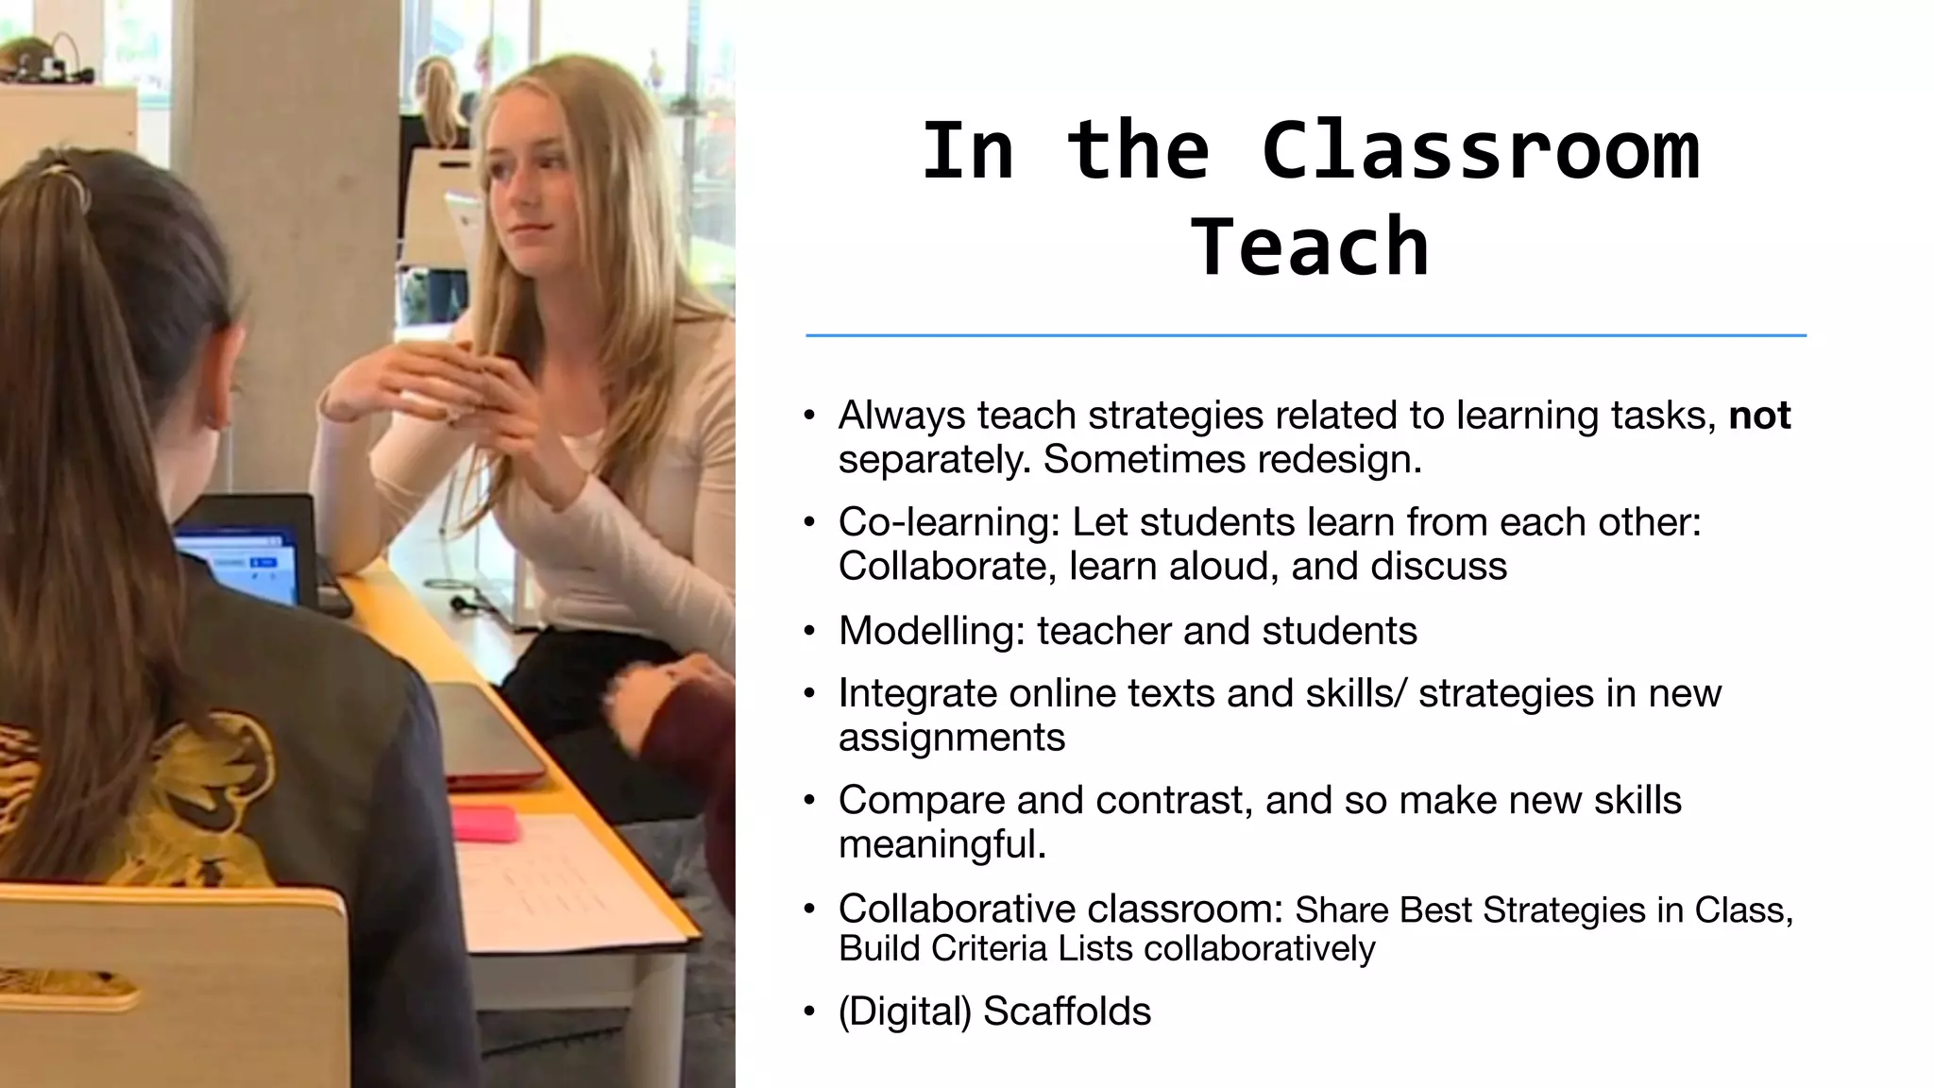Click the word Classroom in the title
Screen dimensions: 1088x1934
tap(1480, 150)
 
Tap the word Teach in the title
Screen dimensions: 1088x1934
tap(1310, 246)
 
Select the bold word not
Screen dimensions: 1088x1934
tap(1759, 416)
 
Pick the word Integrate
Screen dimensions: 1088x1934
tap(917, 693)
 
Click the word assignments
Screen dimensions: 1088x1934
tap(951, 738)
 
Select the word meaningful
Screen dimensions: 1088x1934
tap(942, 844)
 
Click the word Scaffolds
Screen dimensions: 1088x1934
tap(1066, 1011)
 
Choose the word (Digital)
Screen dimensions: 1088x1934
tap(905, 1011)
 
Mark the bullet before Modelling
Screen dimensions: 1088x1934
tap(809, 631)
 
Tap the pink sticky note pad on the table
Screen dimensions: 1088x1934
tap(485, 823)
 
